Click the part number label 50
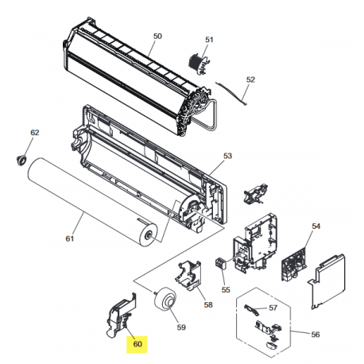157,37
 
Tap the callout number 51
210,40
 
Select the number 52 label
250,79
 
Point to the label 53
227,157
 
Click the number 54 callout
316,227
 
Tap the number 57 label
273,307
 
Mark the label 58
208,304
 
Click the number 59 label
180,326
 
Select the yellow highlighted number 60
137,344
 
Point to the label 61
68,236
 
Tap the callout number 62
34,132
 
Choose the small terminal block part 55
223,265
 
